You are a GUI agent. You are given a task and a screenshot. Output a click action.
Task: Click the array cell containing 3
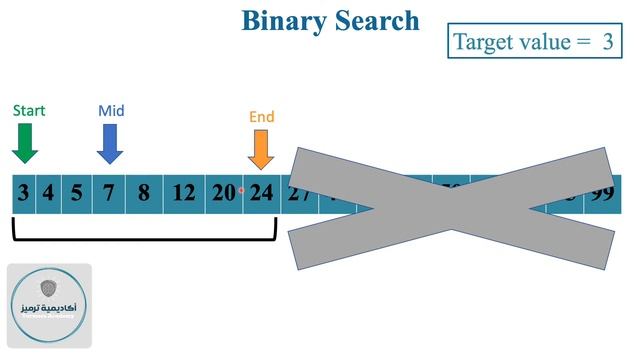point(22,193)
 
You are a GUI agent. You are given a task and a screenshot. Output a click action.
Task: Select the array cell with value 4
point(47,193)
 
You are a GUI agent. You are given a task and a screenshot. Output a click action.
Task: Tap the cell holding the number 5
point(76,193)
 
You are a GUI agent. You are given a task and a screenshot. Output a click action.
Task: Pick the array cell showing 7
point(108,193)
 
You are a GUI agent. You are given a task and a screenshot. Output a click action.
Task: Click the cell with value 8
point(143,193)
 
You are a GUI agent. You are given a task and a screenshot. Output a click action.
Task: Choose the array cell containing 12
point(183,193)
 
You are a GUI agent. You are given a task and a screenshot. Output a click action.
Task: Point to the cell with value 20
point(222,193)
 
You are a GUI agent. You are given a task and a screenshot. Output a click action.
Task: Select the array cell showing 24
point(260,193)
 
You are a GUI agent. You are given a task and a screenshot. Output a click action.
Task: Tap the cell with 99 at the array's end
point(601,193)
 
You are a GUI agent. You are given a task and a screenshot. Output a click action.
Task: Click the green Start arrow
point(25,144)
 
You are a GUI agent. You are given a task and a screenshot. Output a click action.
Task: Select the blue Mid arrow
point(110,144)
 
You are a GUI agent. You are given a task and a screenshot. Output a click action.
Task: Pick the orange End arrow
point(261,150)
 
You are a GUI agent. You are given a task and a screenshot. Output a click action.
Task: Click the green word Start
point(29,110)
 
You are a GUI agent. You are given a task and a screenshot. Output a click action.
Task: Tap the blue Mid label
point(111,110)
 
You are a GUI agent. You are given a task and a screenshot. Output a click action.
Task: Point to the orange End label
point(262,117)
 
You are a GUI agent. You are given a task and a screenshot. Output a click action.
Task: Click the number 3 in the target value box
point(607,42)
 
